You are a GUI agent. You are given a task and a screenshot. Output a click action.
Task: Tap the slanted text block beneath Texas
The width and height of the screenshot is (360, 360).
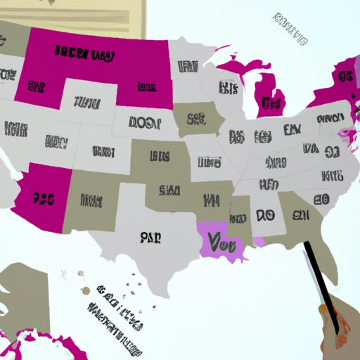(x=112, y=309)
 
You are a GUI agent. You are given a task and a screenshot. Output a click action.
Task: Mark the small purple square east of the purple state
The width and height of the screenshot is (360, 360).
(x=259, y=242)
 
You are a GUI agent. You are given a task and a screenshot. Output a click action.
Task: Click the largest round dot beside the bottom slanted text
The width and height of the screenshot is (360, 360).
(x=85, y=290)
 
